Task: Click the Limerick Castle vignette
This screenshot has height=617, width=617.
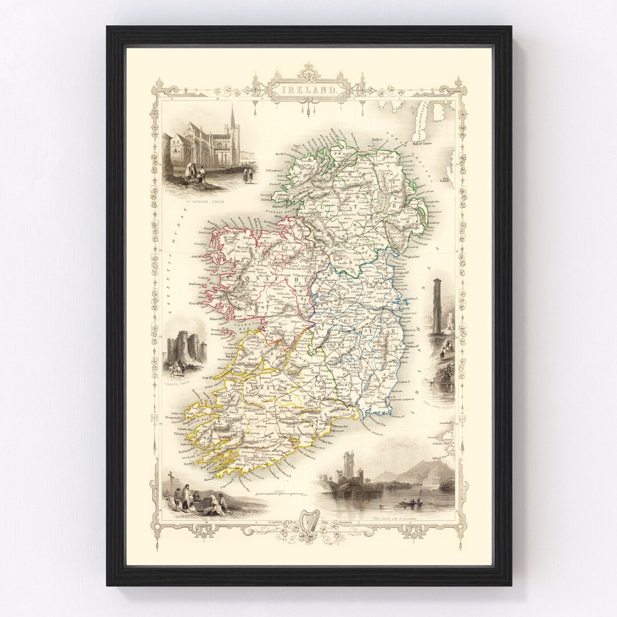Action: click(x=185, y=354)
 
